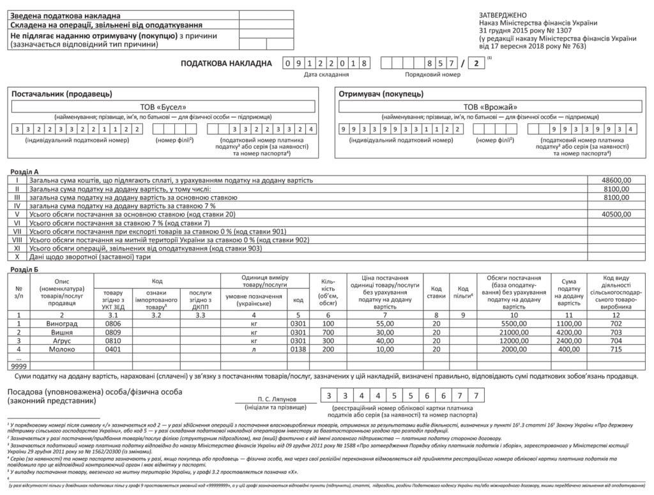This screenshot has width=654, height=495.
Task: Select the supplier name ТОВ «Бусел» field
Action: (163, 107)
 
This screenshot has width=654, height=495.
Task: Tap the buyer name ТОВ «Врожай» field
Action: (490, 107)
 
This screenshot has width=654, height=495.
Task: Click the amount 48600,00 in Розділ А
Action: (616, 181)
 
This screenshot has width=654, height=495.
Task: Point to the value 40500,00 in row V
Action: (616, 215)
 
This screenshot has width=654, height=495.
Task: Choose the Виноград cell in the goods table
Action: (62, 324)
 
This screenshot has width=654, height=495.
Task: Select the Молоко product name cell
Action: (62, 349)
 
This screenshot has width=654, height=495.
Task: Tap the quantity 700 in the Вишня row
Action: (328, 332)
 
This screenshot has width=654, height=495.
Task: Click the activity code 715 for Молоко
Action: (616, 349)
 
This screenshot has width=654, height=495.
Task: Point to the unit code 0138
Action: (298, 349)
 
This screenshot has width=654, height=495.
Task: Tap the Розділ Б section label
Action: (26, 270)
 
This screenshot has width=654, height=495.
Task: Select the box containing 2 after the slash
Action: (476, 63)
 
